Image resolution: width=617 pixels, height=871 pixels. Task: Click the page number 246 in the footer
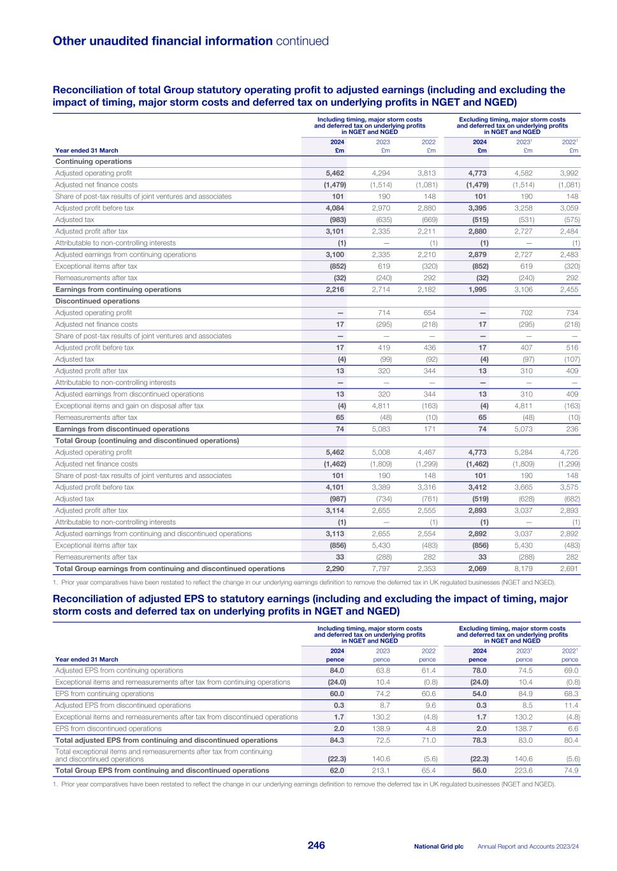click(316, 845)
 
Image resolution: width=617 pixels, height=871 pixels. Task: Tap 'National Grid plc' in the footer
click(439, 846)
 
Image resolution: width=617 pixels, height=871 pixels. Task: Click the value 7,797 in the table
click(381, 569)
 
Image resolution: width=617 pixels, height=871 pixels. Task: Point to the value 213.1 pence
click(381, 770)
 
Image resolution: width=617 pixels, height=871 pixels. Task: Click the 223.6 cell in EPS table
click(523, 770)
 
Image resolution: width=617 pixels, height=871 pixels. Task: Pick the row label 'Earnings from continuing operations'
click(118, 290)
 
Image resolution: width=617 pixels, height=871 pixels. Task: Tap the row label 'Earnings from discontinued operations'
click(122, 429)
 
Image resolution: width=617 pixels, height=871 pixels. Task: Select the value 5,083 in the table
click(381, 429)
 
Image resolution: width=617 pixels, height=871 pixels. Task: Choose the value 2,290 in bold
click(335, 569)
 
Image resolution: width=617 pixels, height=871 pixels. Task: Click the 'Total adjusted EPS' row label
click(166, 740)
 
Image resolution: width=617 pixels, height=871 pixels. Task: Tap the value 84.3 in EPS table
click(337, 740)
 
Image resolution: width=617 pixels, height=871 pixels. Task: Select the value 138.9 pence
click(381, 729)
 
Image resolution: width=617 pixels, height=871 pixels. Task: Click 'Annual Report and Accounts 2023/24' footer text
click(528, 846)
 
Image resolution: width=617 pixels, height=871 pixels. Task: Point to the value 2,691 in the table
click(569, 569)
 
